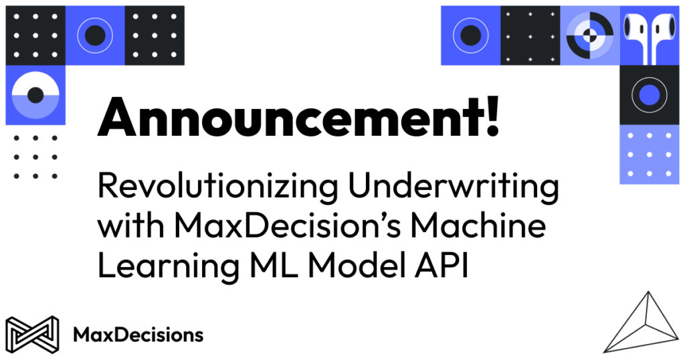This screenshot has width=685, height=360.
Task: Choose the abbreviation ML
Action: click(278, 265)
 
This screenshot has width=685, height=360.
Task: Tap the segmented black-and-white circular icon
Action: click(589, 35)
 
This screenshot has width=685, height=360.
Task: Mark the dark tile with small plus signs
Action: click(530, 35)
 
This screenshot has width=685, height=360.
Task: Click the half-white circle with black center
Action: click(35, 95)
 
